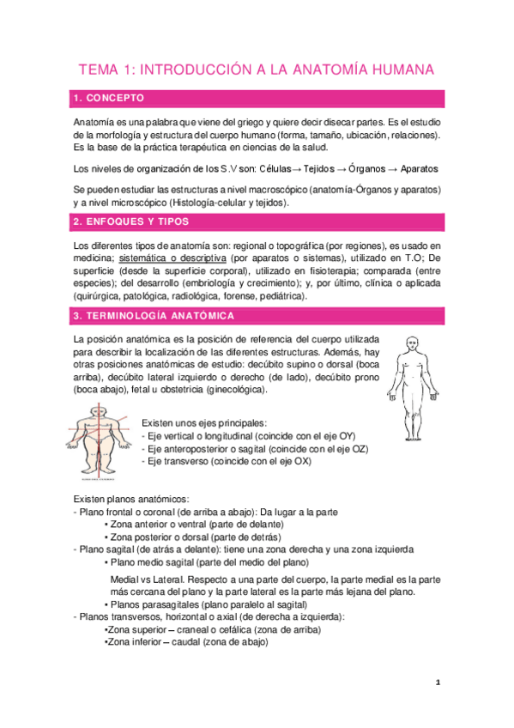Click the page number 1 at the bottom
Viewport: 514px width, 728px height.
tap(437, 682)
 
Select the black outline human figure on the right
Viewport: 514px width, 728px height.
tap(410, 376)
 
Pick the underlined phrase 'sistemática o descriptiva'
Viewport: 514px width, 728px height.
tap(172, 258)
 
